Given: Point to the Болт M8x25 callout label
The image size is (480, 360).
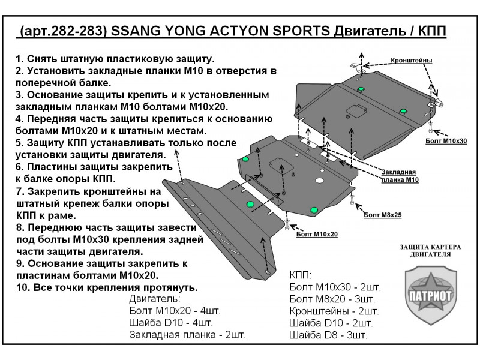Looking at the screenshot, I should (382, 214).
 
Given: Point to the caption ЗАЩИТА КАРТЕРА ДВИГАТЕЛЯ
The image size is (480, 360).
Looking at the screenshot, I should (425, 251).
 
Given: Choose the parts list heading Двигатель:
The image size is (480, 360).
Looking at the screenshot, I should (154, 299).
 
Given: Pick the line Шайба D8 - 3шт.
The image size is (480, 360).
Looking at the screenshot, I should (328, 334).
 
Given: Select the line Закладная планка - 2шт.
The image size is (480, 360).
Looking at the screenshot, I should (187, 334).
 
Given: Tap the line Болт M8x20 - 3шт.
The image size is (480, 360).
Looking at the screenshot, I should (332, 299).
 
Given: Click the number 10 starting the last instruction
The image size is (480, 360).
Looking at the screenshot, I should (21, 287).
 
